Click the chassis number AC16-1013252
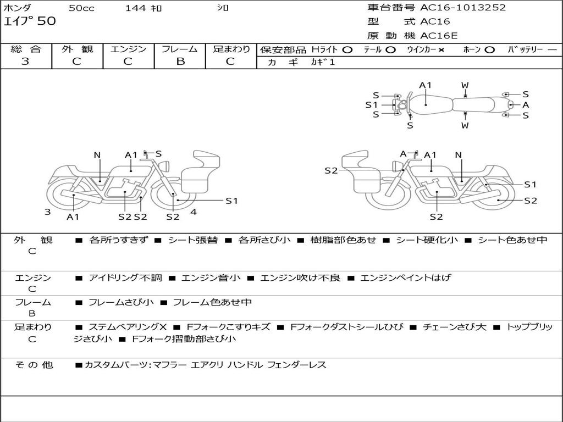click(463, 8)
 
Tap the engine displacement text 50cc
click(81, 8)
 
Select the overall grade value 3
click(25, 62)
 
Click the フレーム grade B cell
click(180, 62)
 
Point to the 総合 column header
click(26, 49)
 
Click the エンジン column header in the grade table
click(128, 49)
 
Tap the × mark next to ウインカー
click(441, 49)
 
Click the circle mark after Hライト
click(347, 49)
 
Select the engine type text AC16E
click(439, 36)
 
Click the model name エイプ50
click(30, 22)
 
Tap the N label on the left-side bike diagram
click(97, 155)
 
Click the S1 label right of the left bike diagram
click(231, 201)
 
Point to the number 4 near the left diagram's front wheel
click(194, 212)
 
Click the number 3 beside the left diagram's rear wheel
click(48, 212)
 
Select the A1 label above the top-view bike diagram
click(426, 85)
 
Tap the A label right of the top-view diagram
click(526, 104)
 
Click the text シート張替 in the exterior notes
click(192, 240)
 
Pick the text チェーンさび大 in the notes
click(455, 327)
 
